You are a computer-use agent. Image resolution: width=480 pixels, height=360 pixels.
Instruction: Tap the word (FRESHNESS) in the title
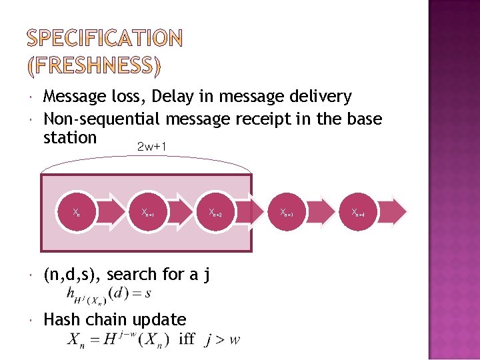click(94, 65)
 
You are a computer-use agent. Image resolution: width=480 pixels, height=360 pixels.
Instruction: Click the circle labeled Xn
click(77, 213)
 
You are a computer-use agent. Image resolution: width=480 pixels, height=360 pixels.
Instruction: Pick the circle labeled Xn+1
click(147, 213)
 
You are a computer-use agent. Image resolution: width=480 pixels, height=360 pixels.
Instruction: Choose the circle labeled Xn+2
click(215, 213)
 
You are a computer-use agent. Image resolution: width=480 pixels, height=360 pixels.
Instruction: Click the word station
click(70, 137)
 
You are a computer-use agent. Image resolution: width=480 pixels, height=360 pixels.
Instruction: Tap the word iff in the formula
click(187, 339)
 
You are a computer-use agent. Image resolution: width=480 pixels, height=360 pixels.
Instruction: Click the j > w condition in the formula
click(223, 340)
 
